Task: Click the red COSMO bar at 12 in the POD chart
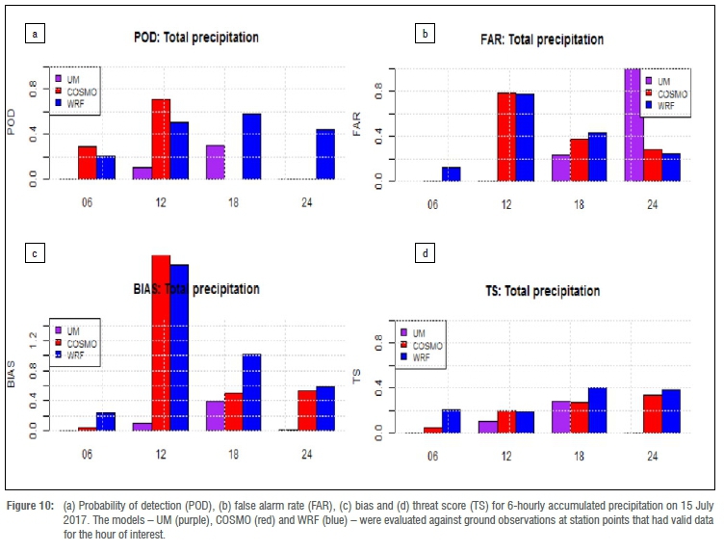tap(161, 139)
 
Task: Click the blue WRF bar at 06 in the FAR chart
tap(451, 173)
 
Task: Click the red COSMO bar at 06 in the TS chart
tap(433, 430)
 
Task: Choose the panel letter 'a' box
tap(37, 35)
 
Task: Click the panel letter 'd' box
tap(426, 254)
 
